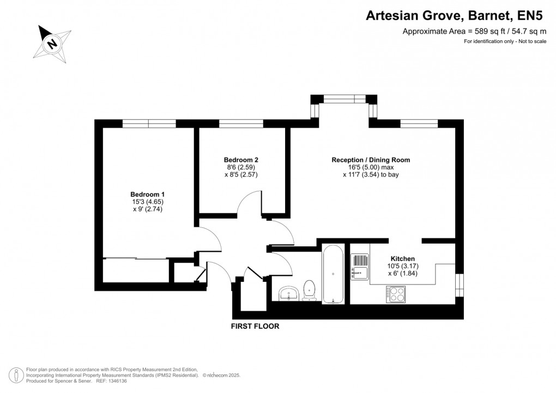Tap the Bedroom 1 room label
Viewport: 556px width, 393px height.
[x=147, y=195]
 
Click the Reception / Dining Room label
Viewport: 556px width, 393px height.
[x=371, y=160]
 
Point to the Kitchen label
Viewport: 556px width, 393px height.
[x=403, y=258]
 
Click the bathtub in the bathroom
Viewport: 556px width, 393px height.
[x=333, y=274]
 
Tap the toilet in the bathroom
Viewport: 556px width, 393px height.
[x=309, y=289]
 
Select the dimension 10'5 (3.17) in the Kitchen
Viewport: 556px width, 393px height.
[x=403, y=266]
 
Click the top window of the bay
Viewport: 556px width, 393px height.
[x=343, y=99]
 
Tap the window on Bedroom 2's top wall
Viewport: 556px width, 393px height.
[x=241, y=124]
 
